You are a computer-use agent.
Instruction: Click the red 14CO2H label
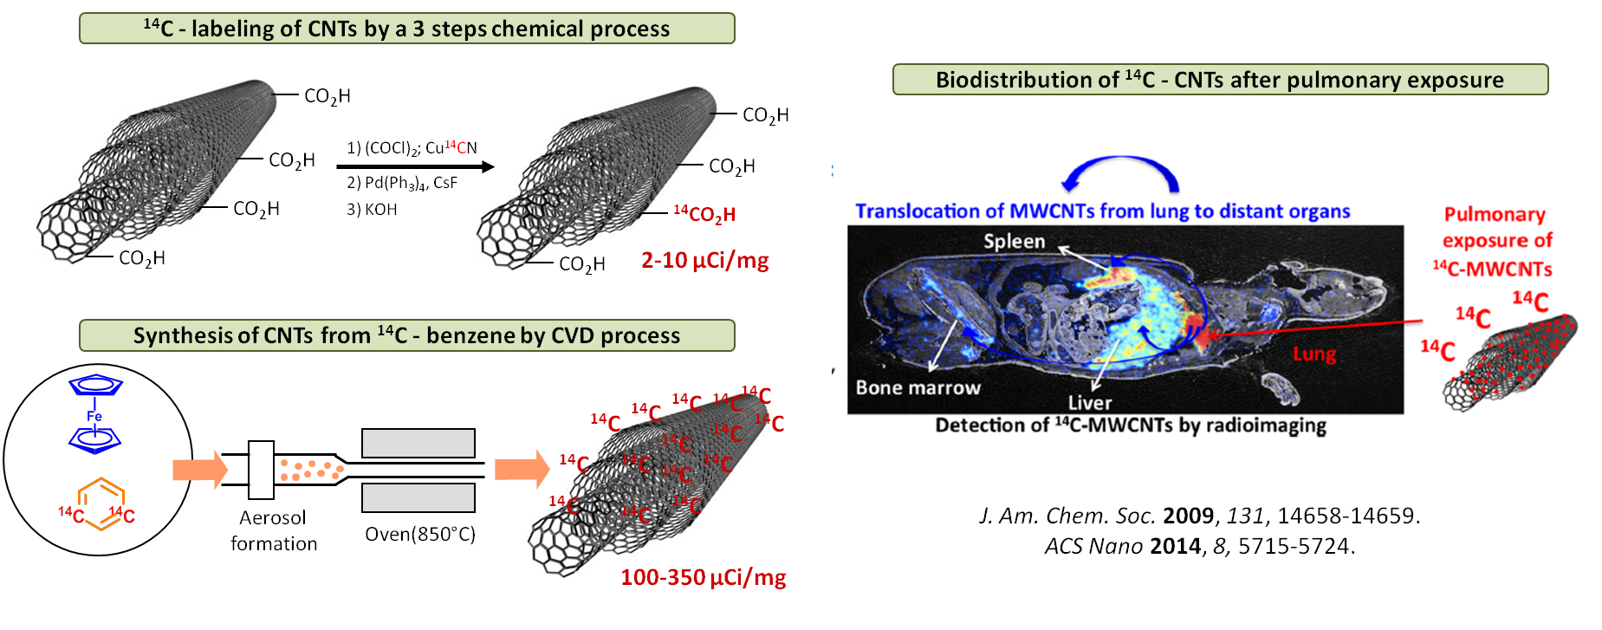coord(704,214)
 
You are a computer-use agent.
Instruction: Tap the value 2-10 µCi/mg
coord(704,260)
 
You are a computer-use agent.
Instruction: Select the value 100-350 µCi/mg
coord(703,577)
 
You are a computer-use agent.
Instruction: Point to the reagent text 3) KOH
coord(372,210)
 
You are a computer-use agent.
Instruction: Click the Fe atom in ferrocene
coord(94,417)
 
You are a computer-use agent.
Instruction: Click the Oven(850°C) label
coord(420,534)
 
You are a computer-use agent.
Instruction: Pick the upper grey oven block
coord(418,443)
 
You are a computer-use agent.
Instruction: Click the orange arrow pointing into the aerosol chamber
coord(199,470)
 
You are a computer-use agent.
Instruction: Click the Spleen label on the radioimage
coord(1014,241)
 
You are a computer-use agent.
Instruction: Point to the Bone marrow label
coord(918,387)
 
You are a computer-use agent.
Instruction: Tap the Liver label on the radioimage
coord(1089,402)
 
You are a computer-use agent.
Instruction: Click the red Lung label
coord(1313,354)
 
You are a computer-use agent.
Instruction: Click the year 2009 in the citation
coord(1188,516)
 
